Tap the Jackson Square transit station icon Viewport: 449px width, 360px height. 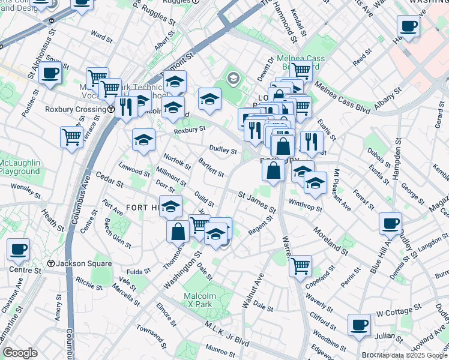tap(52, 263)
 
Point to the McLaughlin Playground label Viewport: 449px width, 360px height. tap(20, 167)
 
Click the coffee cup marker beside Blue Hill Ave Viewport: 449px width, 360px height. tap(390, 224)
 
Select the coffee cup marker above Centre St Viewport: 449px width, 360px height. tap(18, 249)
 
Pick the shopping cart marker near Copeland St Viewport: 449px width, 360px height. tap(300, 265)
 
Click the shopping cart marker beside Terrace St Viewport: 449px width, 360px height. tap(71, 137)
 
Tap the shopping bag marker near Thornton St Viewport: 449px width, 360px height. tap(178, 231)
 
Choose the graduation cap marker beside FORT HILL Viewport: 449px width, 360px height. tap(170, 206)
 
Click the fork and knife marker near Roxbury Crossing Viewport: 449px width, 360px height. tap(126, 107)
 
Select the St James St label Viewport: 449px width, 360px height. tap(256, 202)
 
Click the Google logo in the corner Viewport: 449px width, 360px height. tap(20, 353)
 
